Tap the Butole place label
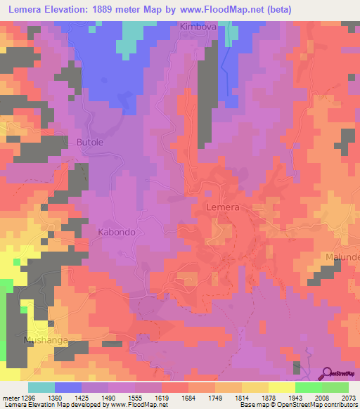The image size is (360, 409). [89, 142]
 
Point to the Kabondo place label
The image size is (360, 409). [116, 231]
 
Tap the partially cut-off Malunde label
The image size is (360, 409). [342, 257]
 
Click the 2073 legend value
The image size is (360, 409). [347, 398]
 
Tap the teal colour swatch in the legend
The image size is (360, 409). [41, 387]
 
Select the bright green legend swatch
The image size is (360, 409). [309, 387]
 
